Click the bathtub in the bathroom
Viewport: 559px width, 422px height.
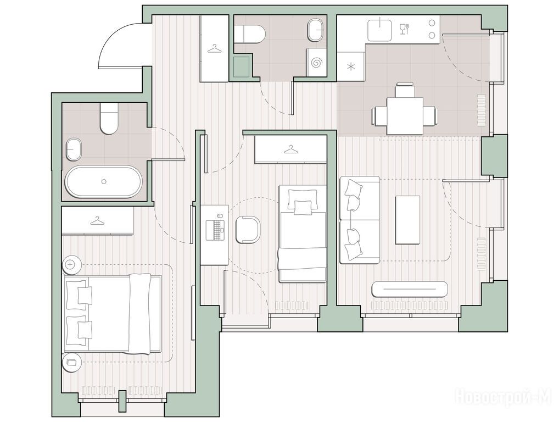[103, 181]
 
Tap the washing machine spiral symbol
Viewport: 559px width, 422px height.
[316, 63]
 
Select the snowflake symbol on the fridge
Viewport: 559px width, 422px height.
[351, 66]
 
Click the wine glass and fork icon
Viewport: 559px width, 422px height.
[404, 29]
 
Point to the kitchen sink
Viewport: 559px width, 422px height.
[380, 29]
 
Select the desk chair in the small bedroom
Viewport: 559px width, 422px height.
[248, 229]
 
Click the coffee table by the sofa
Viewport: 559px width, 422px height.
[407, 219]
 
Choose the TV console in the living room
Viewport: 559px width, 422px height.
[409, 289]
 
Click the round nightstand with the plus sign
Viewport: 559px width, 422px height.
[71, 265]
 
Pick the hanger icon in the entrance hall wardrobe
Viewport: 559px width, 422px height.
[214, 48]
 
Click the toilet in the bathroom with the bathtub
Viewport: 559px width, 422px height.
[109, 119]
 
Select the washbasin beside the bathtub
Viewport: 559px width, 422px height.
[74, 149]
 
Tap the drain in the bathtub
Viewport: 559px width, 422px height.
[104, 181]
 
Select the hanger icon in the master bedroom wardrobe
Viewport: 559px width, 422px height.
[97, 221]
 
